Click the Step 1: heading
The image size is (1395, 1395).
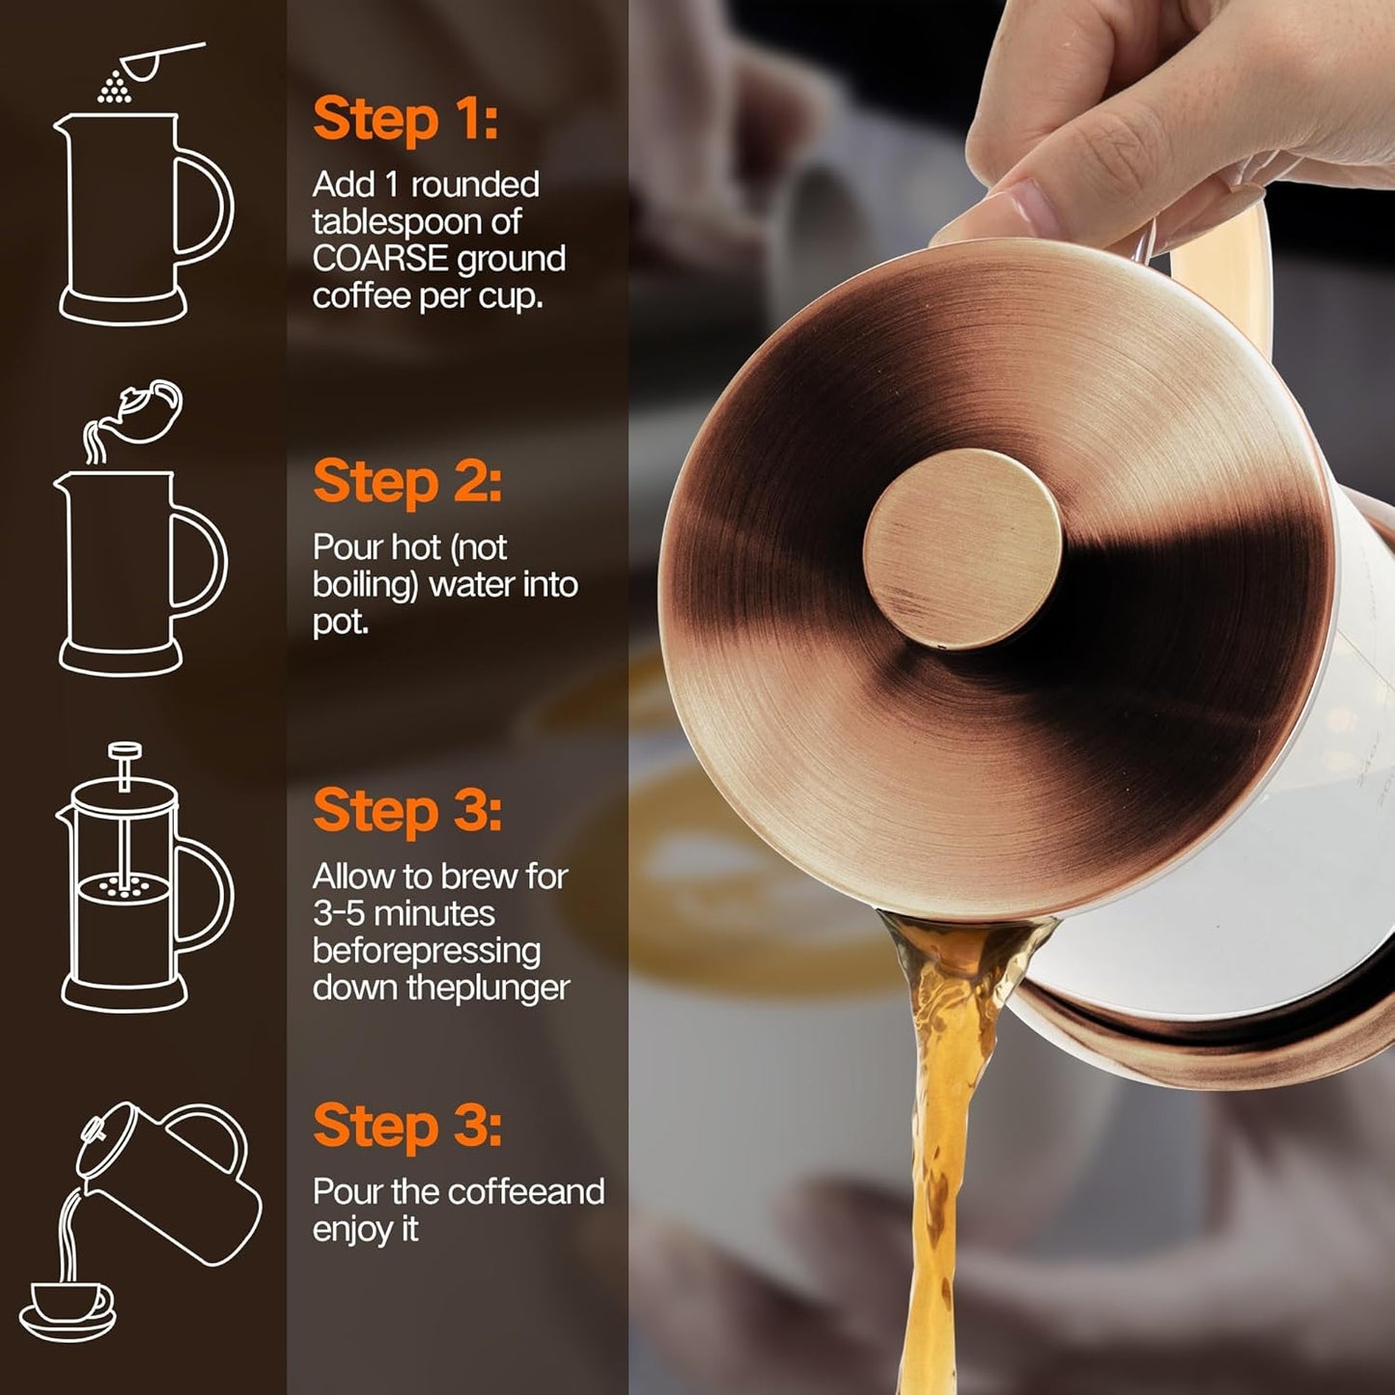click(405, 120)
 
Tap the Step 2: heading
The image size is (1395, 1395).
click(407, 482)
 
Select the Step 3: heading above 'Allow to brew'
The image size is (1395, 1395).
click(407, 811)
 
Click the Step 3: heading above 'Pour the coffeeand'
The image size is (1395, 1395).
click(407, 1127)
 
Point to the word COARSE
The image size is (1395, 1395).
click(379, 259)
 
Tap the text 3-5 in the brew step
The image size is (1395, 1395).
click(338, 913)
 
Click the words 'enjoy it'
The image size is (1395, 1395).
click(365, 1229)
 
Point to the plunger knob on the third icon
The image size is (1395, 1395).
click(125, 750)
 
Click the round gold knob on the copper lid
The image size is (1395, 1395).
click(962, 547)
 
